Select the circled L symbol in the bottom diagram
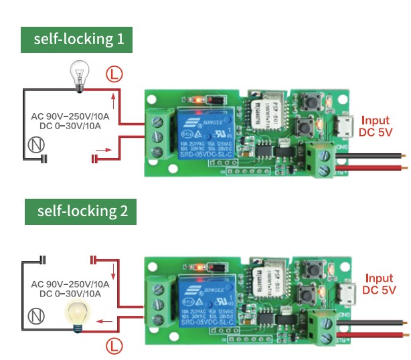tap(116, 346)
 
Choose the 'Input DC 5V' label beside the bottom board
tap(379, 284)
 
